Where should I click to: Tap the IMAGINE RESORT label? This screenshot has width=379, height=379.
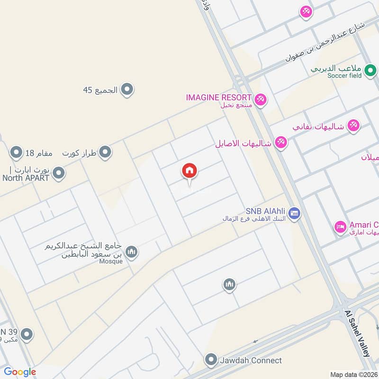click(x=218, y=98)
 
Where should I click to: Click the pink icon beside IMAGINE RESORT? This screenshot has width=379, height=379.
click(x=260, y=100)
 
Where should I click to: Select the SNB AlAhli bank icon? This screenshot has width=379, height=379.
click(x=294, y=214)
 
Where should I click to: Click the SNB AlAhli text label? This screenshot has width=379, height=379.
click(x=265, y=211)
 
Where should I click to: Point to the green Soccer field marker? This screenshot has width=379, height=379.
click(x=370, y=72)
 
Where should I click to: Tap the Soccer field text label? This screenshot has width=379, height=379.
click(x=343, y=76)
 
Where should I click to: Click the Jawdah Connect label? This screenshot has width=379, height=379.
click(x=251, y=361)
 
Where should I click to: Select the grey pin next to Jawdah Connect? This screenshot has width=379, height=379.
click(x=211, y=360)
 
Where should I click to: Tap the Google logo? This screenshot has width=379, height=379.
click(x=20, y=372)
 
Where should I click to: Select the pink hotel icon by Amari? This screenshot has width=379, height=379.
click(x=340, y=227)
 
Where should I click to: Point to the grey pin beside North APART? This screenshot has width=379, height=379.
click(x=59, y=173)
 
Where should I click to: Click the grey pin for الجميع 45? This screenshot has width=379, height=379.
click(x=126, y=89)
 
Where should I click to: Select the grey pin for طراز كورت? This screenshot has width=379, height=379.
click(x=105, y=153)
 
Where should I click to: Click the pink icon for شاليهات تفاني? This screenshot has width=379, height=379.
click(x=353, y=126)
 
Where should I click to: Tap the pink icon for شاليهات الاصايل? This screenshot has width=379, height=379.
click(x=281, y=143)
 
